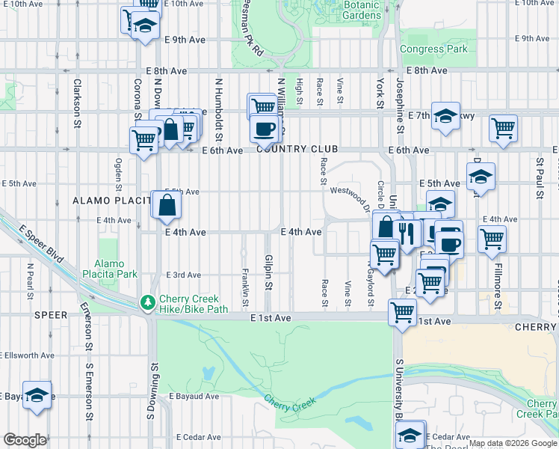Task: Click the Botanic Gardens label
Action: [x=361, y=10]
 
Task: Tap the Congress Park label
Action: [x=433, y=49]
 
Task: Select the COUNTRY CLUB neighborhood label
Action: [x=292, y=150]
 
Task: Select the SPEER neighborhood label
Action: [x=52, y=316]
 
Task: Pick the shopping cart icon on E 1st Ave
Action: [x=402, y=311]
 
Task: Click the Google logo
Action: [x=25, y=440]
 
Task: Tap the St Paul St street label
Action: [x=538, y=178]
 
